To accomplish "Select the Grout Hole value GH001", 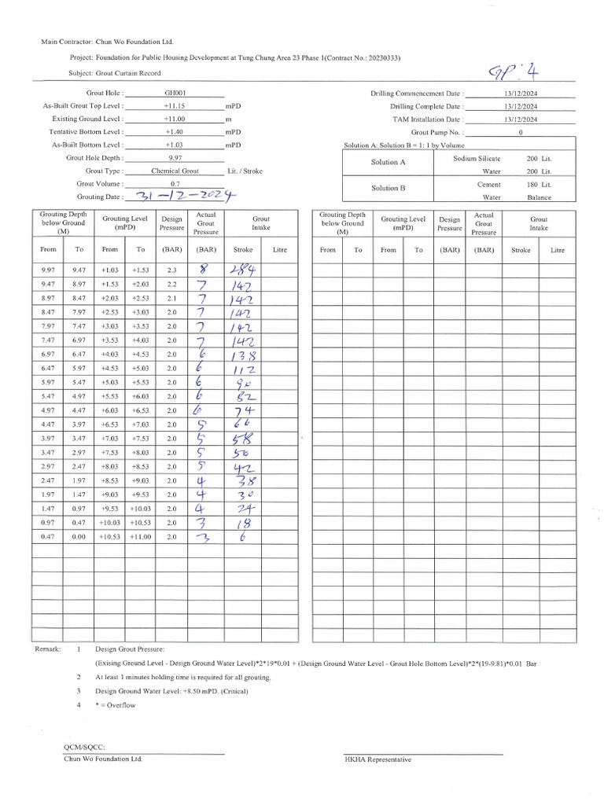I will [x=174, y=93].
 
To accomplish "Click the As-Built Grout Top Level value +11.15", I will [x=174, y=105].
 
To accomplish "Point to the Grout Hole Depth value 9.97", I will [x=175, y=158].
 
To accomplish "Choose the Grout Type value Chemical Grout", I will [x=175, y=171].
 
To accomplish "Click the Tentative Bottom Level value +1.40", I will [x=174, y=131].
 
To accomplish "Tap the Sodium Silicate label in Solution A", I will [x=477, y=158].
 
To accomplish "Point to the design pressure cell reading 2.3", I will [x=171, y=270].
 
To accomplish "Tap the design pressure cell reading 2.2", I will [x=171, y=284].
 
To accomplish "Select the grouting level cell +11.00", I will [x=141, y=537].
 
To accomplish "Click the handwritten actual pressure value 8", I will [x=204, y=270].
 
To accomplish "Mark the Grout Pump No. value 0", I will [x=521, y=133].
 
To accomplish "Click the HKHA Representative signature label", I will [x=377, y=759].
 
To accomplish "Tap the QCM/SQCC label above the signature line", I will [x=84, y=747].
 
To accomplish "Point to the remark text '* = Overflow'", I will [x=116, y=705].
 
